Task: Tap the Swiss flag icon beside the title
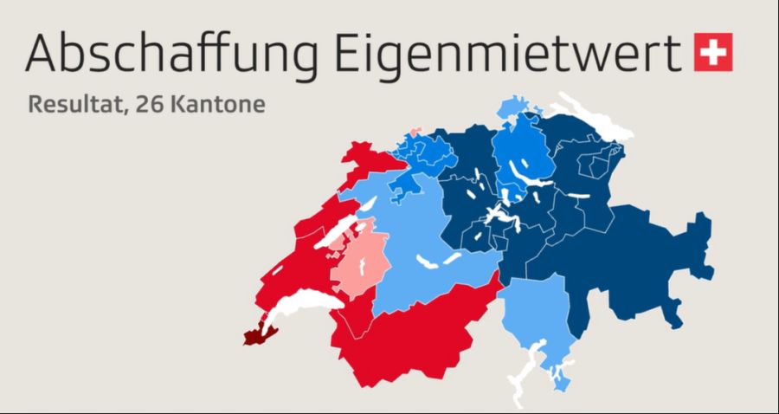point(713,51)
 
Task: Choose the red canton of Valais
point(407,338)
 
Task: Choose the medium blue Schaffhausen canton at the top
point(511,110)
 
